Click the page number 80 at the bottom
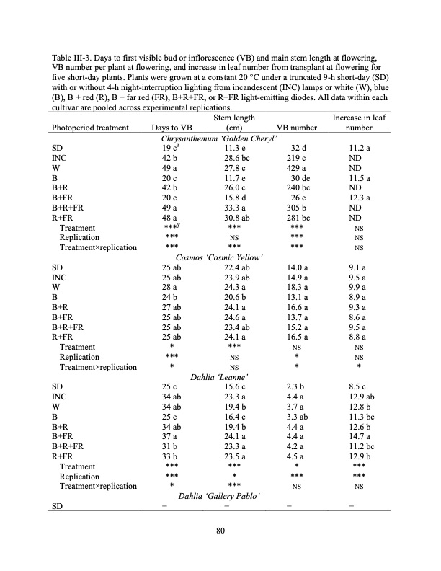220,534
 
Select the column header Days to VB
171,128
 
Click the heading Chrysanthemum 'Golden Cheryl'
220,138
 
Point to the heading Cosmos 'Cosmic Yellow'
220,257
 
